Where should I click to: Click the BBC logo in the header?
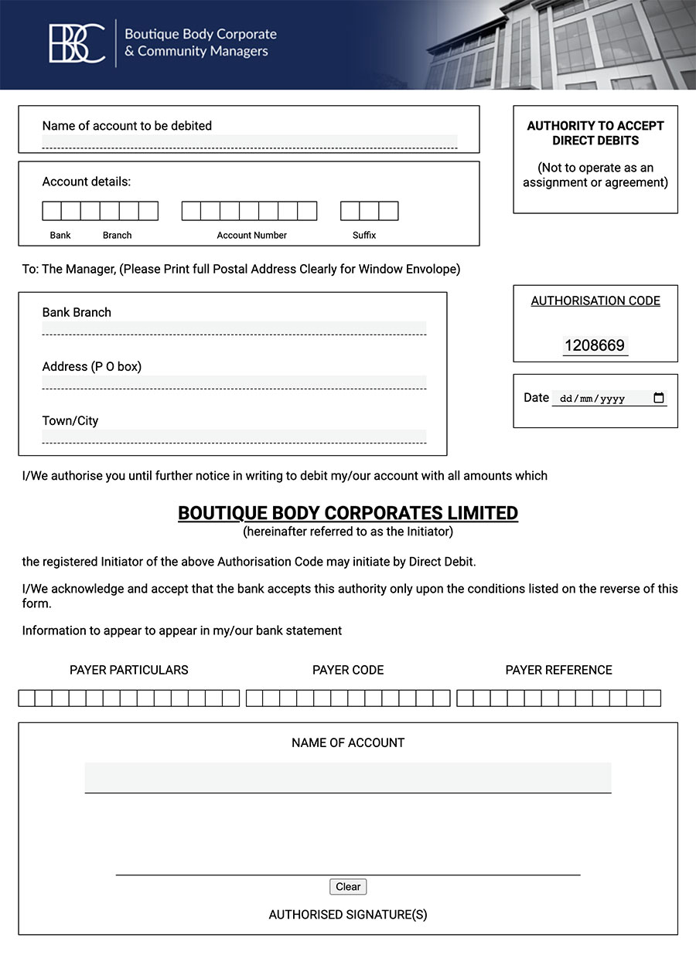(77, 43)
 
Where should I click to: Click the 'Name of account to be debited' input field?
(249, 141)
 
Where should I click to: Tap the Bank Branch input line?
(234, 328)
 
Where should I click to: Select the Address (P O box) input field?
(234, 382)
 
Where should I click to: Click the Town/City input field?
(234, 436)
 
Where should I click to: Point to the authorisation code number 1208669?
(595, 345)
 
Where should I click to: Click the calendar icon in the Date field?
(659, 398)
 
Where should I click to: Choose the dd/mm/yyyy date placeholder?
(592, 399)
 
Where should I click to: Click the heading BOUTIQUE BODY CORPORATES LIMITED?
(348, 513)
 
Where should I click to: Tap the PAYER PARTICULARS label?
(129, 670)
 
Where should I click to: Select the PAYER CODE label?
(348, 670)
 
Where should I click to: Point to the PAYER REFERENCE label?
(558, 670)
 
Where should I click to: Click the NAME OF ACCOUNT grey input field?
(348, 776)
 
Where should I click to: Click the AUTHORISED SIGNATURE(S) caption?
(348, 915)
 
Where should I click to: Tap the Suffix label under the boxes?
(364, 235)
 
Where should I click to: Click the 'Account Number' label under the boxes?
(251, 235)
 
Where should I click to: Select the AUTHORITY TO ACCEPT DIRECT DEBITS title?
(595, 133)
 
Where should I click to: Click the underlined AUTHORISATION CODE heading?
(595, 301)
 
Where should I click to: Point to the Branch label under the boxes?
(118, 235)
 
